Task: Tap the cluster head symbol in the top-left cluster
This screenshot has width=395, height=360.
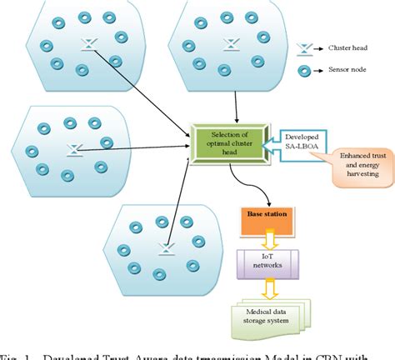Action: [x=86, y=47]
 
